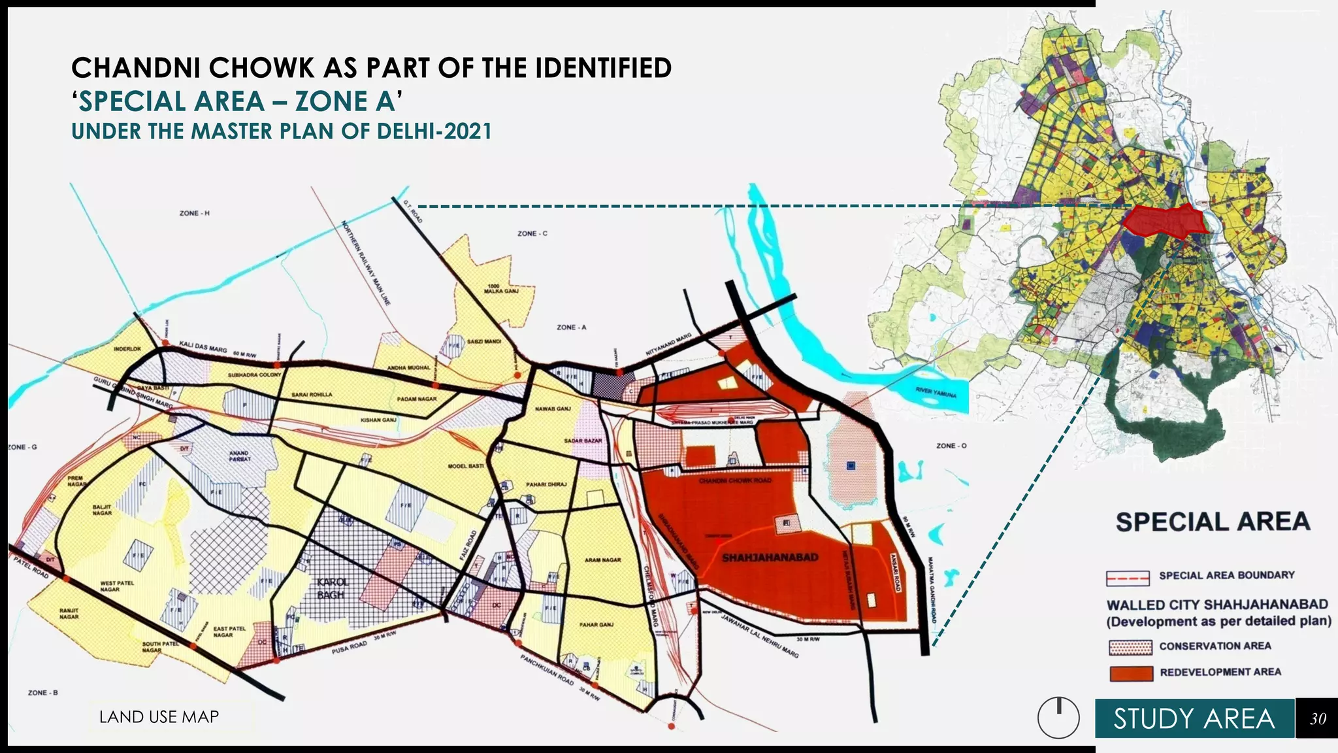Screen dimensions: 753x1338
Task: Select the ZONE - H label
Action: coord(195,213)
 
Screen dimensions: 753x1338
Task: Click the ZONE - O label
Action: coord(951,446)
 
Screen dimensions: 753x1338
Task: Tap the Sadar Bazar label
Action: coord(583,441)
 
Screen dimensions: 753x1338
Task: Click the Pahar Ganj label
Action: coord(596,625)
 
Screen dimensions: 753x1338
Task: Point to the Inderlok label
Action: coord(127,349)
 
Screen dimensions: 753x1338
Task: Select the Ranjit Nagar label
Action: coord(69,613)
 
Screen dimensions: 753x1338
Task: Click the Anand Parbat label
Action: coord(239,456)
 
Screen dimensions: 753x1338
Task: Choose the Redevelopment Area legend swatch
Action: coord(1131,673)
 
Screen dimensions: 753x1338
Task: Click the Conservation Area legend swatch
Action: coord(1130,647)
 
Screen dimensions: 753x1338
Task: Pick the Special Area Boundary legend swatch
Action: coord(1128,578)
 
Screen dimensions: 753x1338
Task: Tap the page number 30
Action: coord(1317,719)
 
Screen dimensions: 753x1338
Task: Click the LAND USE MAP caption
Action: coord(159,717)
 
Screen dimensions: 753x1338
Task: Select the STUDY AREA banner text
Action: coord(1194,719)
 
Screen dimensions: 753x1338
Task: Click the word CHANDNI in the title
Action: coord(135,68)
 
